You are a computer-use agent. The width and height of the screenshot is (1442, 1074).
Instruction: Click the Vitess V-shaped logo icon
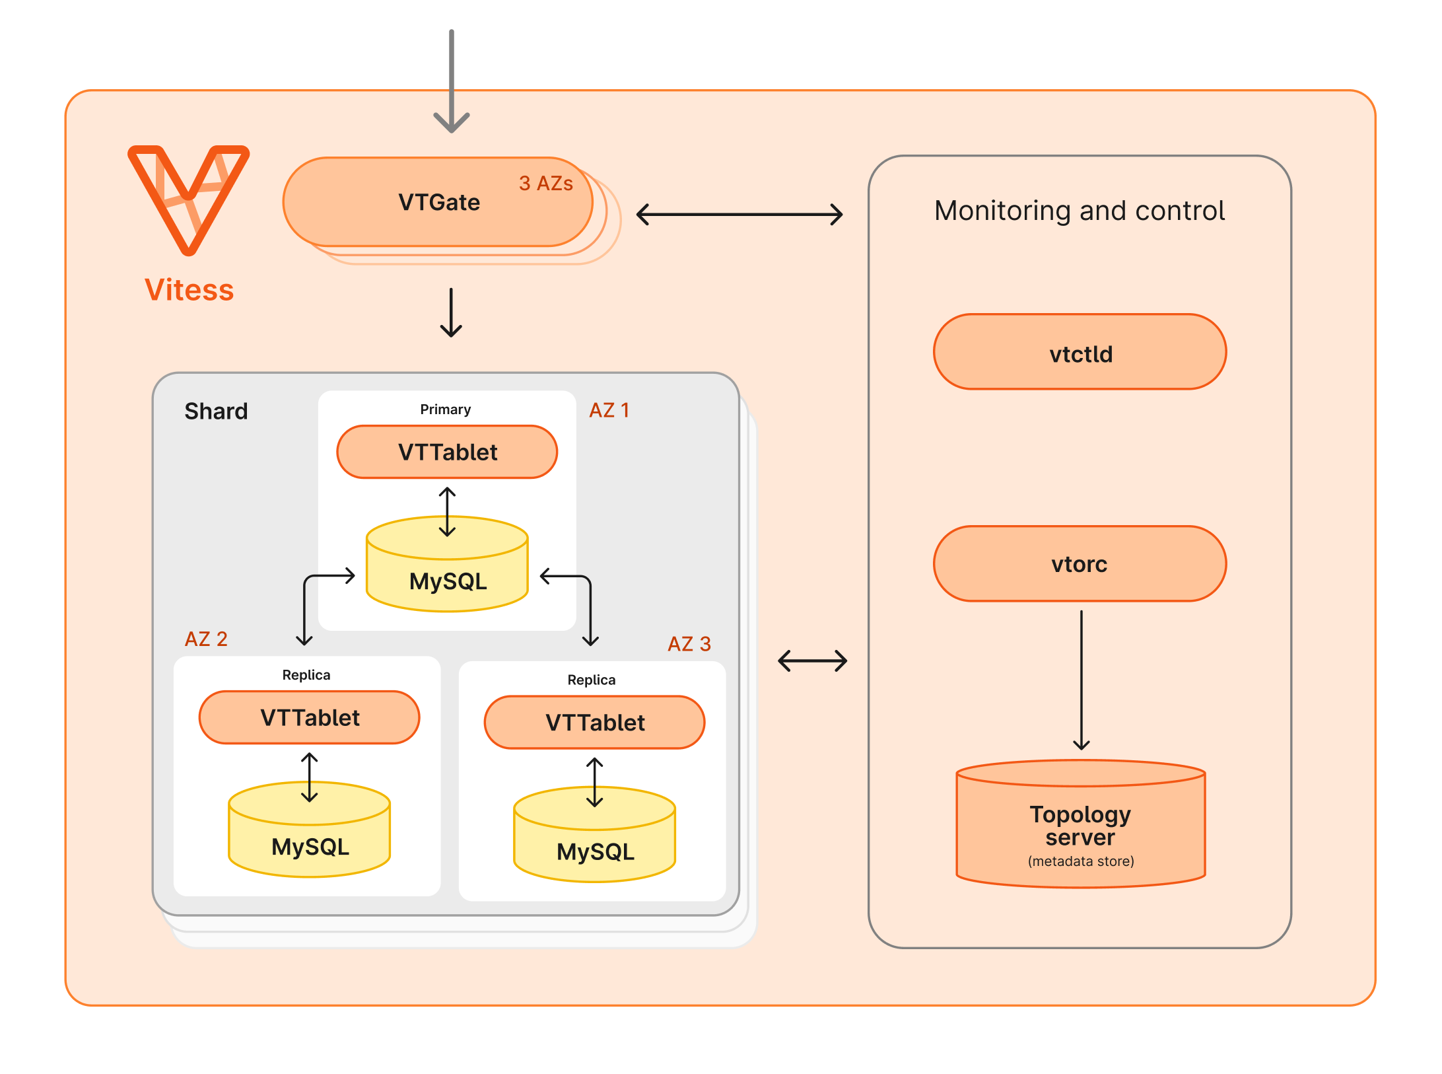(188, 198)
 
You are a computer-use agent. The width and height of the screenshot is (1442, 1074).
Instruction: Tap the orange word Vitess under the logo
(189, 290)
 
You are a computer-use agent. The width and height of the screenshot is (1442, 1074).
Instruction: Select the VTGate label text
(439, 202)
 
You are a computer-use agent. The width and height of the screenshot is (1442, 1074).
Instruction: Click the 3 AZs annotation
(545, 183)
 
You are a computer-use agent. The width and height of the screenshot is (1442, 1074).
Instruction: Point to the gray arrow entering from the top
(452, 79)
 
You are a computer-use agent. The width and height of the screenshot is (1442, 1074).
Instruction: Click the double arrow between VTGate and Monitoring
(739, 214)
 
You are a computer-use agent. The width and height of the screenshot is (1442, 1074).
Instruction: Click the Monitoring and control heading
(1079, 211)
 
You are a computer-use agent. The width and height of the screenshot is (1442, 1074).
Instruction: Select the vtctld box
(1080, 353)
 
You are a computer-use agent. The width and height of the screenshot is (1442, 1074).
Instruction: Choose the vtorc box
(1080, 563)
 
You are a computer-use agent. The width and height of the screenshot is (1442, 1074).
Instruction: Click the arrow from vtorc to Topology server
(1081, 680)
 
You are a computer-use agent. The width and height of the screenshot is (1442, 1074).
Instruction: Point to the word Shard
(216, 412)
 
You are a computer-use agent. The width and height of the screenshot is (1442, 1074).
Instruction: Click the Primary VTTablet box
(447, 452)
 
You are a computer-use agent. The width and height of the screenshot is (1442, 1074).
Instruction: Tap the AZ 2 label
(206, 639)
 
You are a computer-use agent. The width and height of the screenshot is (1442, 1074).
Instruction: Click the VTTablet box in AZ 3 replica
(594, 722)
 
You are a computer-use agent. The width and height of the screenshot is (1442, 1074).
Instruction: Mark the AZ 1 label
(609, 410)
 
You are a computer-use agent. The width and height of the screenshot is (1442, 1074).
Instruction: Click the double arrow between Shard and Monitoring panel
(812, 661)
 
